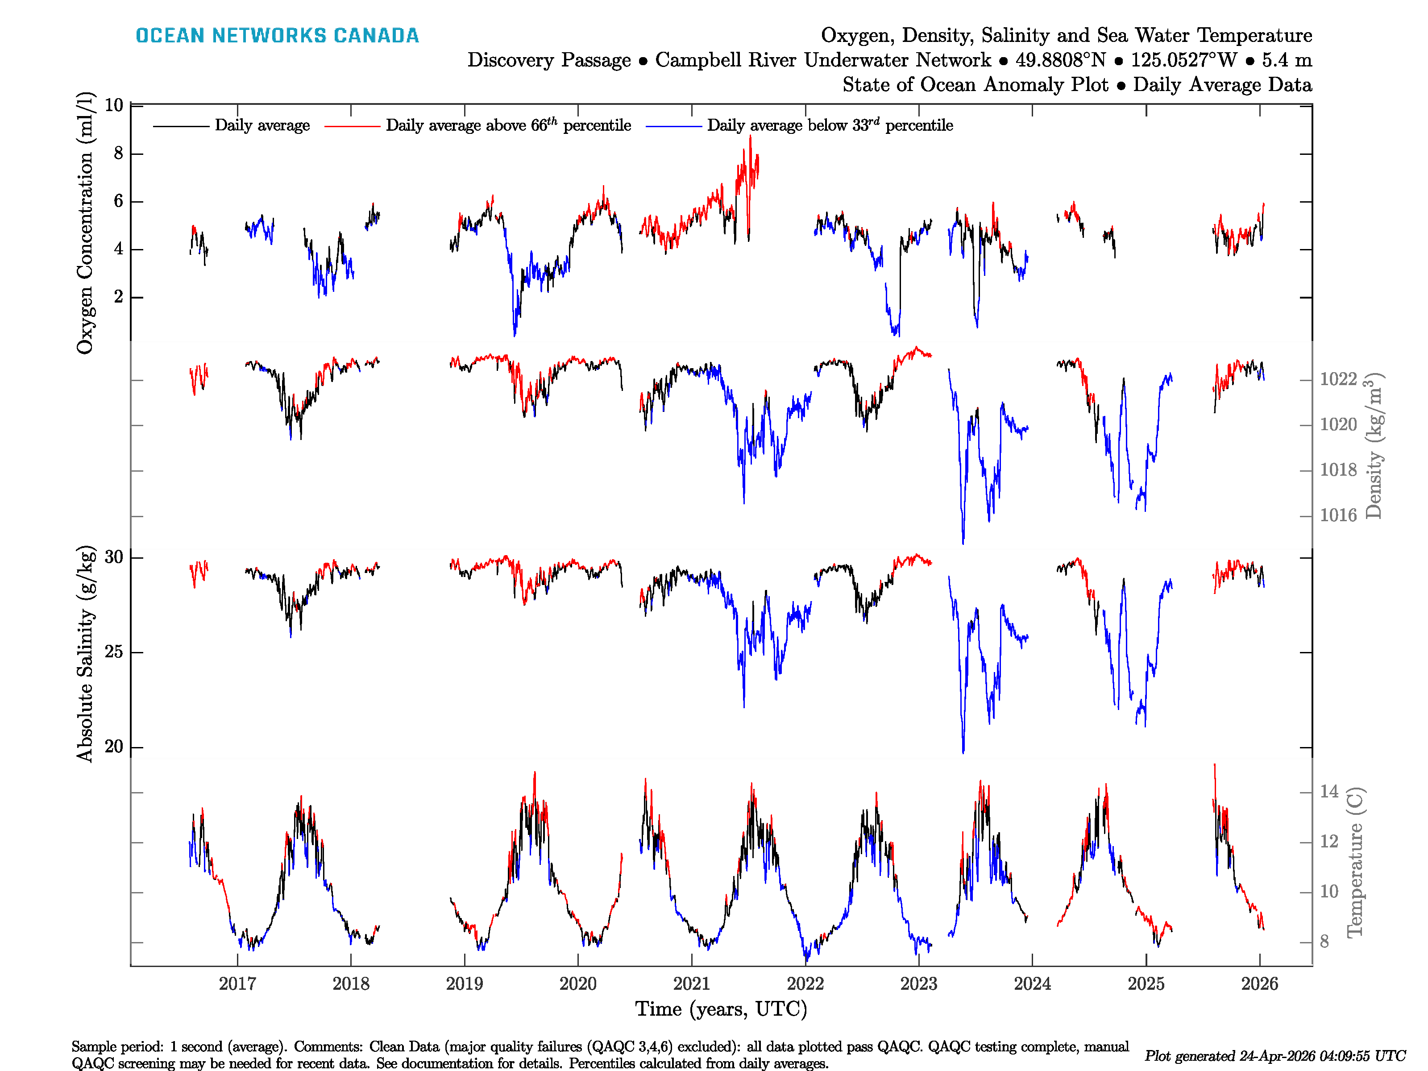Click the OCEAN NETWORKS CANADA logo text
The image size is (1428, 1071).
coord(277,36)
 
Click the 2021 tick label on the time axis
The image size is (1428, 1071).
coord(691,984)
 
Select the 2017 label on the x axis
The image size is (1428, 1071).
coord(237,984)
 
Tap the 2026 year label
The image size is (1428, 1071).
coord(1259,984)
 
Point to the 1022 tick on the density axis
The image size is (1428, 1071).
coord(1337,379)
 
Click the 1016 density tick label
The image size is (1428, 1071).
coord(1337,515)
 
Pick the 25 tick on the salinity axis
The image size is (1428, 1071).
coord(114,652)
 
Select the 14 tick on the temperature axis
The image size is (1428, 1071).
coord(1328,792)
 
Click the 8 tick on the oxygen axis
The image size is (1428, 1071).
coord(118,154)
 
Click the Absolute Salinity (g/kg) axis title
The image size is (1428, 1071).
coord(85,654)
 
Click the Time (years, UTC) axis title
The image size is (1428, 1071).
coord(721,1009)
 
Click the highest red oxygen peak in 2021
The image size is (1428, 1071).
coord(750,137)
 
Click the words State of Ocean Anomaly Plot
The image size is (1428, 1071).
coord(975,85)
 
